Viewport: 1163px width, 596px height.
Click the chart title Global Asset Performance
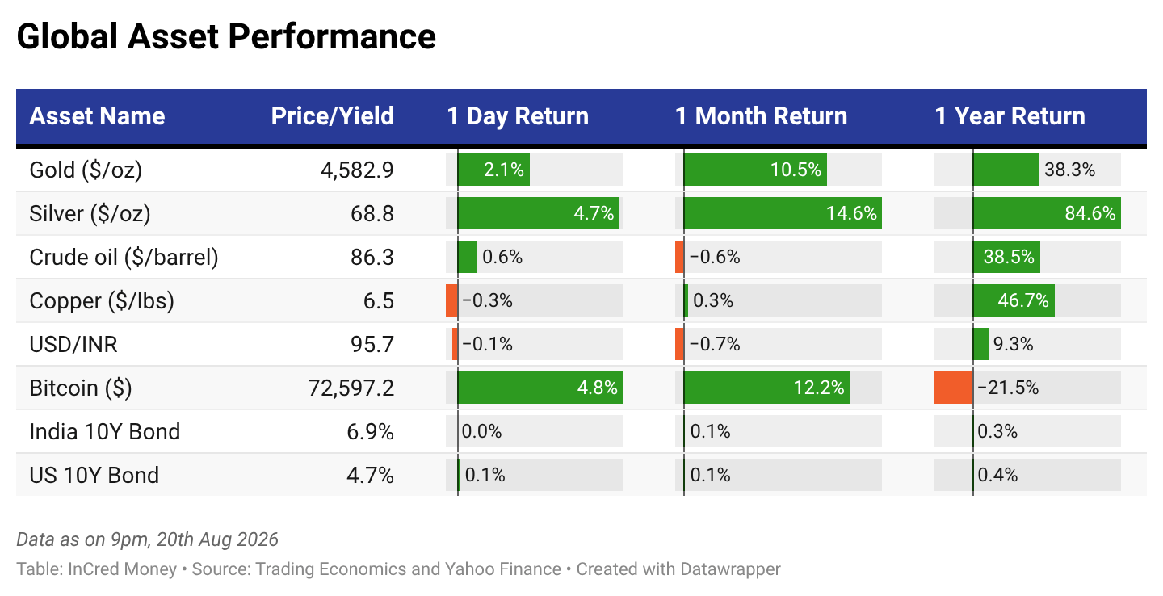point(226,37)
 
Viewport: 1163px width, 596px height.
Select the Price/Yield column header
point(332,115)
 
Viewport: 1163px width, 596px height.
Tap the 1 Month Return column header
point(761,115)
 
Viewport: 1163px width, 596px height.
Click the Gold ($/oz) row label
point(86,170)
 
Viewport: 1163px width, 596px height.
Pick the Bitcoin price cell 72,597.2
point(351,388)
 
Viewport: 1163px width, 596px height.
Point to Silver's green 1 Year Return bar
point(1047,213)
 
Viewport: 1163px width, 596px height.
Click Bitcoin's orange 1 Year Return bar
point(953,388)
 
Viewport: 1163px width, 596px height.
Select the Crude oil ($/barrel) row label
point(124,257)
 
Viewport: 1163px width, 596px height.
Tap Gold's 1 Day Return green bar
point(493,170)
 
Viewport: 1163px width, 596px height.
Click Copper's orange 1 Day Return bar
point(451,300)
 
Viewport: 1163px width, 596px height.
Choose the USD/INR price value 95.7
point(372,344)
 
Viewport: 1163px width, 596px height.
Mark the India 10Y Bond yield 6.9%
point(370,431)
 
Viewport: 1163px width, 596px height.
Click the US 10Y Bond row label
point(94,475)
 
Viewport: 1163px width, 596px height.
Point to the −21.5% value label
point(1008,388)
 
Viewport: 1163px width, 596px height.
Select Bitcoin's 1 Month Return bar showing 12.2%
point(767,388)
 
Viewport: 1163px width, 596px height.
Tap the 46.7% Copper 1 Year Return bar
point(1014,300)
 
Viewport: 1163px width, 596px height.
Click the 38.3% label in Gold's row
point(1069,170)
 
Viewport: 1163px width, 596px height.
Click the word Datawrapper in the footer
point(730,569)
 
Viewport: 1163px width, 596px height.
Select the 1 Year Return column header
point(1010,115)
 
